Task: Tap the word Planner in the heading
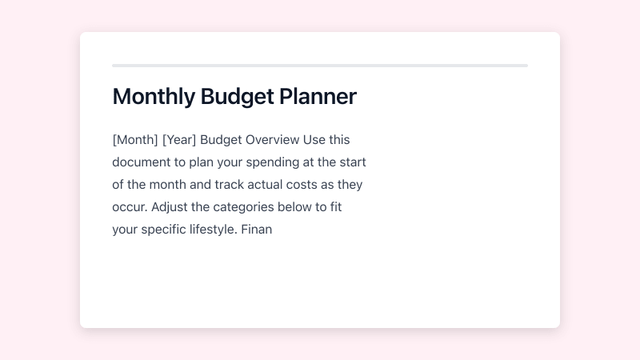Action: tap(318, 97)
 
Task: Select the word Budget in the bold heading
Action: tap(238, 97)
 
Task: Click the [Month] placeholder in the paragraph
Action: tap(135, 140)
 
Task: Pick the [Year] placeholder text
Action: tap(179, 140)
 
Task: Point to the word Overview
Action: tap(272, 140)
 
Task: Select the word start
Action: tap(351, 162)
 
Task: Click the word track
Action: tap(228, 185)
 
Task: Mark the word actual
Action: tap(267, 185)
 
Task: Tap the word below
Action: tap(309, 207)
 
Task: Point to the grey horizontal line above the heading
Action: tap(320, 66)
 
